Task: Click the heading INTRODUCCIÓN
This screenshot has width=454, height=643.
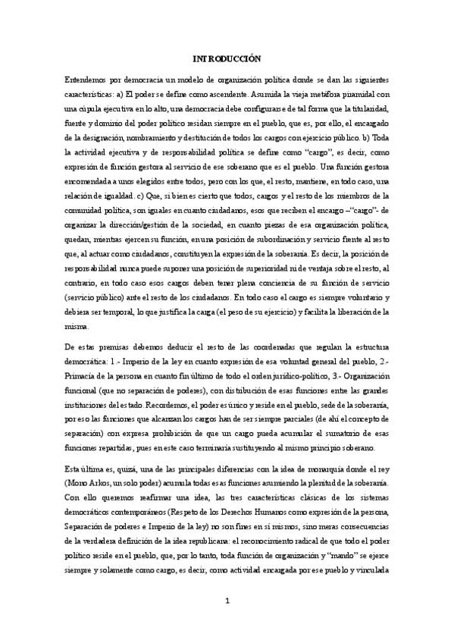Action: pos(227,58)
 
